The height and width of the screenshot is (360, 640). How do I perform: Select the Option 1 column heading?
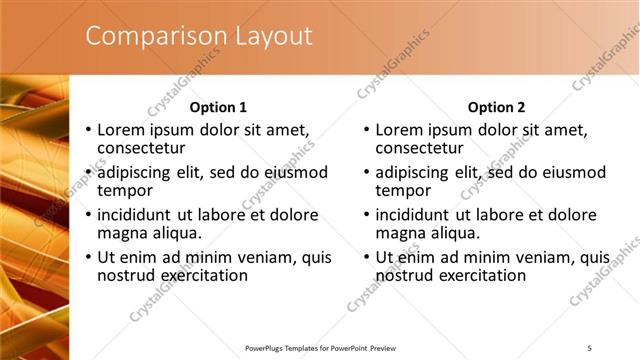coord(218,107)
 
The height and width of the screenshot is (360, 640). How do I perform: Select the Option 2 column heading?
coord(496,107)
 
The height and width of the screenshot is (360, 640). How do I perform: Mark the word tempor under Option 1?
coord(125,191)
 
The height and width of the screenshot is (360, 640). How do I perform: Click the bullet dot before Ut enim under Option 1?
coord(88,257)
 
